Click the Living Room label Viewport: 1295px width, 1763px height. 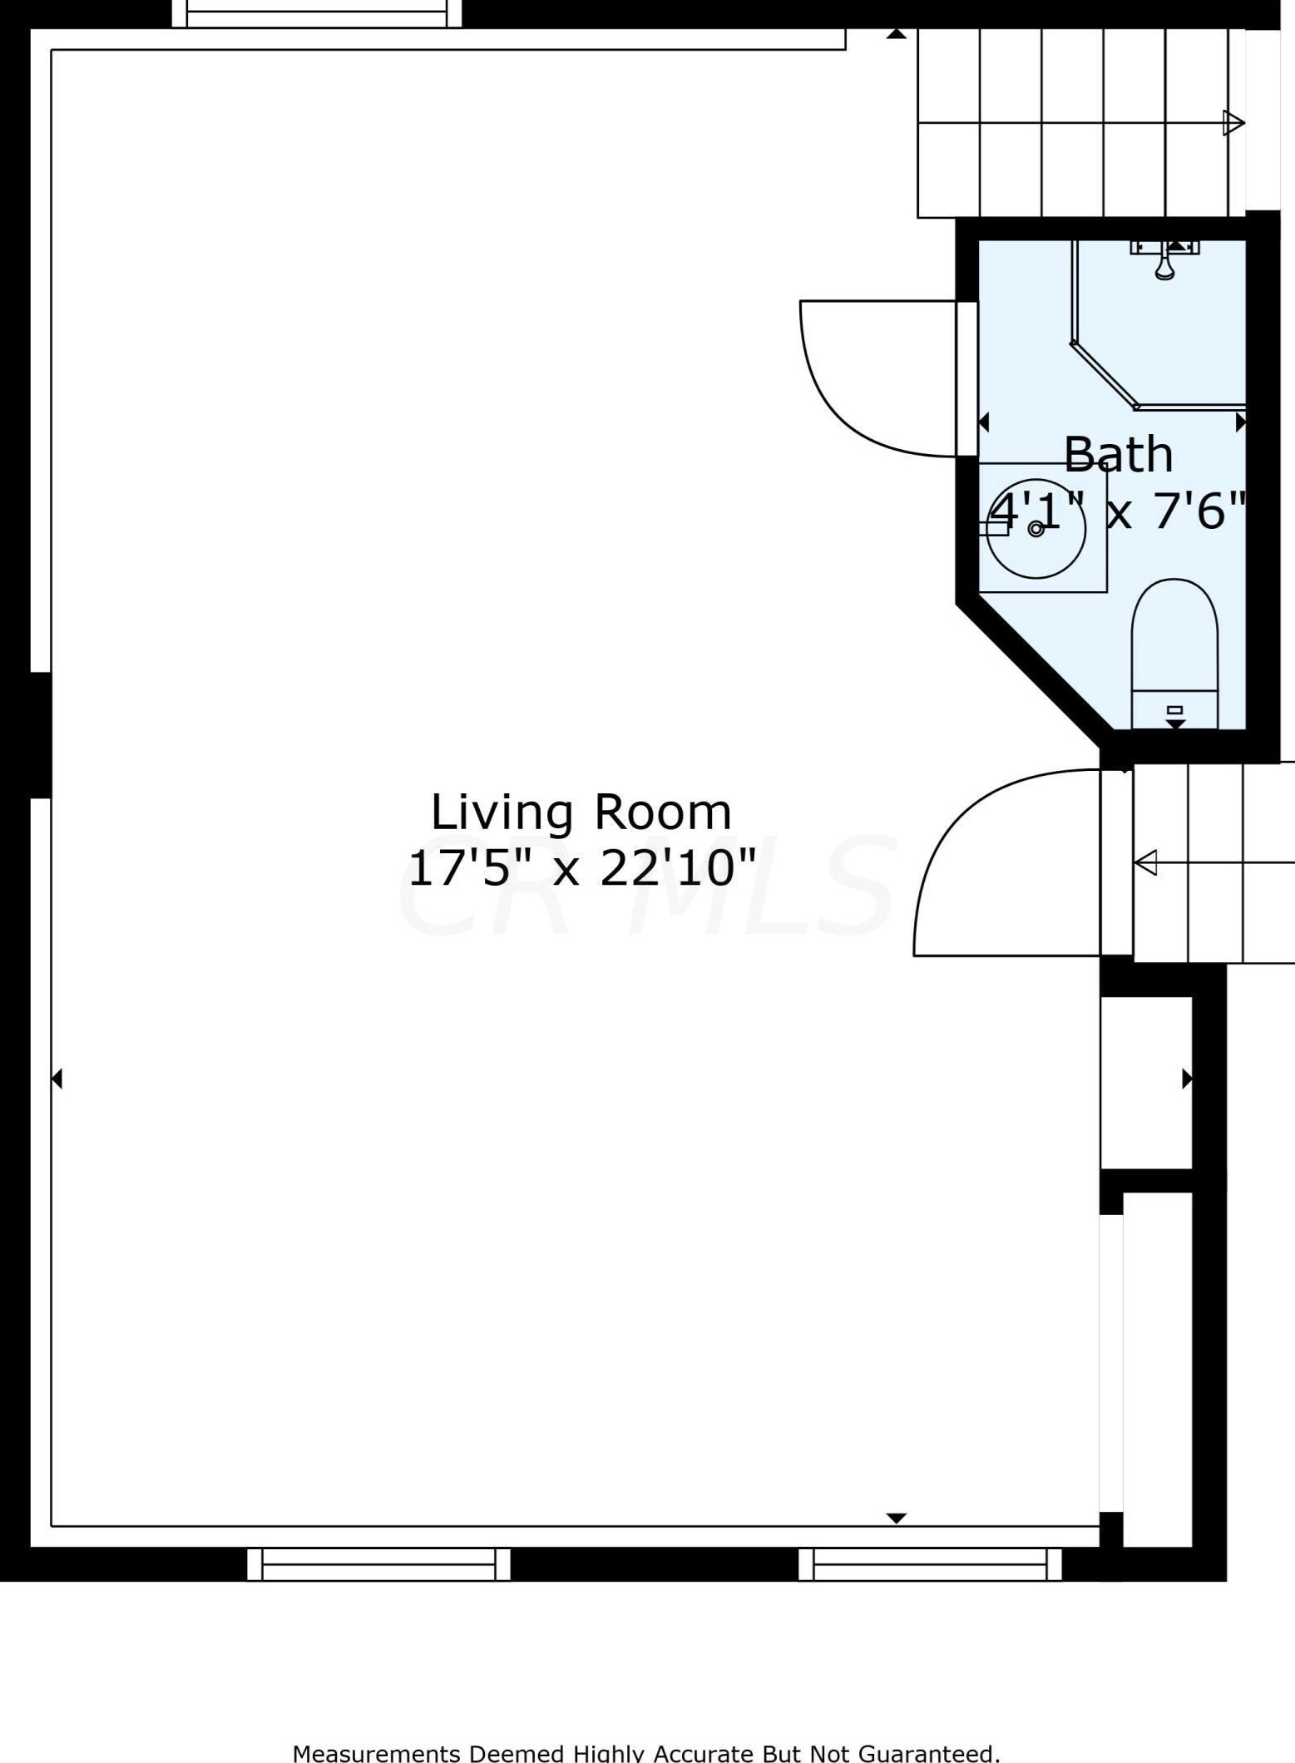(581, 813)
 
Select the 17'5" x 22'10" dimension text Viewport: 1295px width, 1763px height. (581, 868)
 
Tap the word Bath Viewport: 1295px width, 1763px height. (1118, 455)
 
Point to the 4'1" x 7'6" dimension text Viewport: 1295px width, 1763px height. (1118, 510)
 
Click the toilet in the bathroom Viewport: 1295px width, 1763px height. (1174, 654)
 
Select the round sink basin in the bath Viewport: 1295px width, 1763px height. (1036, 529)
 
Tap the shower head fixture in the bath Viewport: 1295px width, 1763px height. (1164, 259)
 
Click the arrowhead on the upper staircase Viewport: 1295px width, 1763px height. (1233, 123)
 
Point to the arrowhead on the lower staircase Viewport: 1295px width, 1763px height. (1145, 862)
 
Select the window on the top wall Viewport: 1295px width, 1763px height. (316, 13)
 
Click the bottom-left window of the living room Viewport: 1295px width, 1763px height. (378, 1564)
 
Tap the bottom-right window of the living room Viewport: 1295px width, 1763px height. (930, 1564)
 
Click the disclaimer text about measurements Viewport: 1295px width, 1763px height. (646, 1751)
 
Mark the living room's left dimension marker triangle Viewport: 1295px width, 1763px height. (57, 1079)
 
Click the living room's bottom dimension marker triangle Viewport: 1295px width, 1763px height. (896, 1519)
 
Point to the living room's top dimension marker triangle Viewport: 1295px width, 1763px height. (896, 34)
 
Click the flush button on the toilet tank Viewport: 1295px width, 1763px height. (1174, 709)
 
